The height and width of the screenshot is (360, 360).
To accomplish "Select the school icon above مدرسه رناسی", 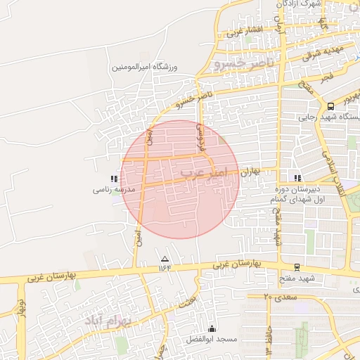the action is tap(115, 179).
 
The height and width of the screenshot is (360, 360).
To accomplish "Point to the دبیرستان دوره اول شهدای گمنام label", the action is tap(298, 195).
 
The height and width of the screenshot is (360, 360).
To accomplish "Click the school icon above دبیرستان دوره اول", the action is tap(298, 178).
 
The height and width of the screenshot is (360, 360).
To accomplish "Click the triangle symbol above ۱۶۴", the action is tap(165, 258).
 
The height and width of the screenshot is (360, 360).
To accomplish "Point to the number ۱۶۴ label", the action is tap(165, 267).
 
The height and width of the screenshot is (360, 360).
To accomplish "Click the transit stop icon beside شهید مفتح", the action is tap(297, 266).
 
